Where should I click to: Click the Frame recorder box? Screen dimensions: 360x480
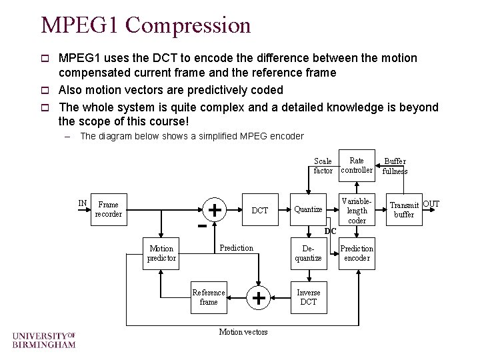point(107,209)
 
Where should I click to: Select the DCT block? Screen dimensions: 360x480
point(259,210)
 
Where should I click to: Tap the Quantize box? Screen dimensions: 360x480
point(308,209)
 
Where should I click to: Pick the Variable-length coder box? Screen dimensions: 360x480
point(357,210)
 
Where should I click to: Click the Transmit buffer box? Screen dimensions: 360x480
point(404,210)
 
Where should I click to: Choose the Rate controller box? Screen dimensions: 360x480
point(357,165)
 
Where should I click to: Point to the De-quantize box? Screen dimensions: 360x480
point(308,253)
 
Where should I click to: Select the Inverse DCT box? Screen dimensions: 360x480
point(308,297)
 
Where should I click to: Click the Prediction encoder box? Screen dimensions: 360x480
point(357,253)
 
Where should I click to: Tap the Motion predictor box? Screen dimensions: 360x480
point(161,253)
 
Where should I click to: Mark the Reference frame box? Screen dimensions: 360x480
point(209,297)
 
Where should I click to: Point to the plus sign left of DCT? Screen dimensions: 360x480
point(215,210)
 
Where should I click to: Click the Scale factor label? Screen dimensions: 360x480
point(323,166)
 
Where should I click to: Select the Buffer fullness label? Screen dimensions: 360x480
point(395,166)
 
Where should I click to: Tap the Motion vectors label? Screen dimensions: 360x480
point(243,332)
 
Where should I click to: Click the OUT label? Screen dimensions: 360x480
point(431,203)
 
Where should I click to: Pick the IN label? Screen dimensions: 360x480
point(83,203)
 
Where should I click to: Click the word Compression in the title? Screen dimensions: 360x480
point(188,25)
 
